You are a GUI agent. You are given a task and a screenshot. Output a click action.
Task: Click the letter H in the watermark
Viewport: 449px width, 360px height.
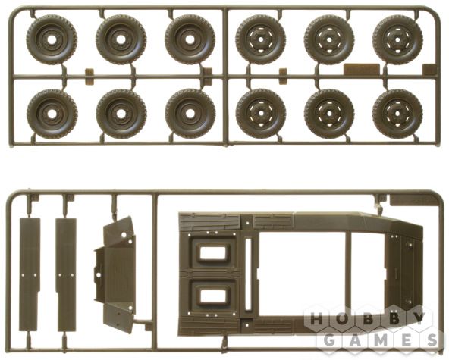[316, 318]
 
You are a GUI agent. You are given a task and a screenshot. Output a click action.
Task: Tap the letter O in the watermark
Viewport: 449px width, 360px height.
[341, 318]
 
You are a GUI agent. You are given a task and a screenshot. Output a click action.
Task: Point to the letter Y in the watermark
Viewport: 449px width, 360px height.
[419, 318]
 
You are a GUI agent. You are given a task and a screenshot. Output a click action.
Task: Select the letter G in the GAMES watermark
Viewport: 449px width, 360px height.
[329, 340]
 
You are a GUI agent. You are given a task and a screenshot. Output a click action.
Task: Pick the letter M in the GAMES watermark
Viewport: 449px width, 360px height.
[381, 340]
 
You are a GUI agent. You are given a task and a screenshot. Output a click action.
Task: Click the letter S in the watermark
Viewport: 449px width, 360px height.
[432, 340]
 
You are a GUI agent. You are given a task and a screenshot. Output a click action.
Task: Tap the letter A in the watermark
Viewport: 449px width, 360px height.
[355, 340]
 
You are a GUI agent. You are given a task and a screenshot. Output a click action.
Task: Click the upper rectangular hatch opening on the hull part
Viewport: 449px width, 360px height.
[213, 252]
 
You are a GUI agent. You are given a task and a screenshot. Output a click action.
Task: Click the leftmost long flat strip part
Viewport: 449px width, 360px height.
[30, 274]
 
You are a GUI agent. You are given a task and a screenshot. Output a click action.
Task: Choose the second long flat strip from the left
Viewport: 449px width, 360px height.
[67, 274]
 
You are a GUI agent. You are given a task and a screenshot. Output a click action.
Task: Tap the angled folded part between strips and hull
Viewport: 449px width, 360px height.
[115, 274]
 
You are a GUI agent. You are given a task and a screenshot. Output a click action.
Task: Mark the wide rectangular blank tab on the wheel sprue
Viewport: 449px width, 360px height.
[361, 70]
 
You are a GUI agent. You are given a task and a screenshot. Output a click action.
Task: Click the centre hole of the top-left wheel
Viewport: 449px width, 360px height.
[52, 40]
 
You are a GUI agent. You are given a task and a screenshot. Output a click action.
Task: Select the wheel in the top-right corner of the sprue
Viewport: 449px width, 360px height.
[397, 40]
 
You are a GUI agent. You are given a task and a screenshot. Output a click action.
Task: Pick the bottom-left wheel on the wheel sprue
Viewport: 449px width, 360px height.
[52, 114]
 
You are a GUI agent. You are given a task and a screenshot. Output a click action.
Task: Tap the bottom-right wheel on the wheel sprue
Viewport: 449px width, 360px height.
[397, 114]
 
